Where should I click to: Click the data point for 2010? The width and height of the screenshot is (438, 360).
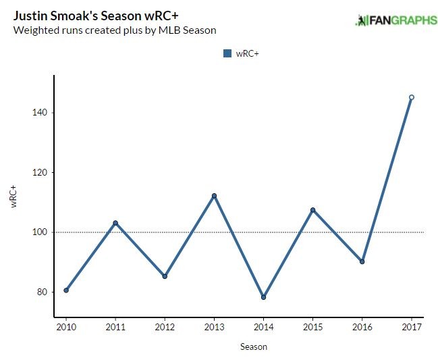coord(66,290)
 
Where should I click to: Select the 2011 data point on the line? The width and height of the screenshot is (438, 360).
coord(115,223)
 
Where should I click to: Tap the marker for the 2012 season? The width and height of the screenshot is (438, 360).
coord(165,276)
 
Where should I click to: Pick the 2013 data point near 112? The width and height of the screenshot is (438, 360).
coord(214,196)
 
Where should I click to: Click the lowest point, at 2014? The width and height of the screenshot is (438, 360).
coord(263,297)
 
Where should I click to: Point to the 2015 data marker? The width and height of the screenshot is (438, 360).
coord(312,210)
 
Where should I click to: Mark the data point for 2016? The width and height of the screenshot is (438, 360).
coord(362,261)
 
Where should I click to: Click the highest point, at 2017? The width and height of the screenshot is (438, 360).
coord(412,97)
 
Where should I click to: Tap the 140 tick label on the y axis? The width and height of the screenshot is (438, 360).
coord(38,113)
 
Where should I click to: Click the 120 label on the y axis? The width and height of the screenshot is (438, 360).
coord(38,172)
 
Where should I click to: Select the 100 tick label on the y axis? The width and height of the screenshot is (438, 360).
coord(38,232)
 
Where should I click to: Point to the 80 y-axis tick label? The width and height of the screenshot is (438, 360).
coord(40,292)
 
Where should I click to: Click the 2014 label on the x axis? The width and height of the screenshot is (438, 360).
coord(263,328)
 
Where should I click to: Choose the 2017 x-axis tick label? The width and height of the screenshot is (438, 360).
coord(412,328)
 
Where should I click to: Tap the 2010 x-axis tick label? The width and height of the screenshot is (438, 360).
coord(66,328)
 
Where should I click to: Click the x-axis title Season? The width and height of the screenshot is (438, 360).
coord(254,347)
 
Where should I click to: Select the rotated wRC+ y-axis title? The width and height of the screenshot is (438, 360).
coord(13,195)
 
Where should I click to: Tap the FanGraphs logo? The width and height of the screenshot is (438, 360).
coord(396,21)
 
